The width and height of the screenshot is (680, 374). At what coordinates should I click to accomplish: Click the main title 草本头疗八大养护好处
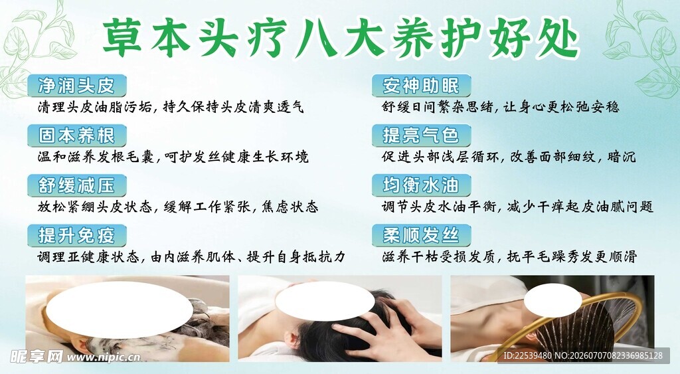[x=341, y=37]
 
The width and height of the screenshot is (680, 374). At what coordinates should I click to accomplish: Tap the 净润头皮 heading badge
[x=77, y=86]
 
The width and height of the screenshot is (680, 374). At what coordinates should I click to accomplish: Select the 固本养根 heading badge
[x=77, y=136]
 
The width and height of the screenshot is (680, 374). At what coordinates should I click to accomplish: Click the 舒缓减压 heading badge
[x=77, y=185]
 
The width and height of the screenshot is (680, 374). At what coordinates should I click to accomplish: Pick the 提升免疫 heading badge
[x=77, y=235]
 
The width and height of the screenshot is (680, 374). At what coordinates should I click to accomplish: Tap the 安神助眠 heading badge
[x=421, y=86]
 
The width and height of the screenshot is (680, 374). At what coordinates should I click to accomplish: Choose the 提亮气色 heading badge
[x=421, y=136]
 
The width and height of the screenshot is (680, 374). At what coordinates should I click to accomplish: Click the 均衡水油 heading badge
[x=421, y=185]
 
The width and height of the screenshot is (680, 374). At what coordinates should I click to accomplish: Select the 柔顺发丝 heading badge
[x=421, y=235]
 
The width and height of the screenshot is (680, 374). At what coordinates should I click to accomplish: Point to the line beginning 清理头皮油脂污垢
[x=171, y=107]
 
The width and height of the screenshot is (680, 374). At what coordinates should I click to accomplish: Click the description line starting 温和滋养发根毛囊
[x=173, y=157]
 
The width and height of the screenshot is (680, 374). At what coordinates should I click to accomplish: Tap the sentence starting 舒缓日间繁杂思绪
[x=501, y=107]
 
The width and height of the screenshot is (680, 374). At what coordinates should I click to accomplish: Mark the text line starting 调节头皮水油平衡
[x=517, y=207]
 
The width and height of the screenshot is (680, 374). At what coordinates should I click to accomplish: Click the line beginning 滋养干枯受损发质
[x=509, y=256]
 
